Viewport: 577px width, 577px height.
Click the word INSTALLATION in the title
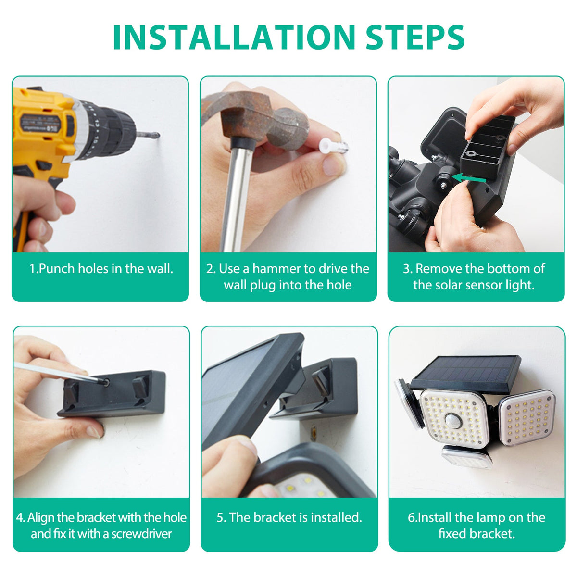tap(234, 37)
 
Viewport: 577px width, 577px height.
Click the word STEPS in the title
tap(414, 37)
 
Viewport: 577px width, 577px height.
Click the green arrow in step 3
tap(469, 178)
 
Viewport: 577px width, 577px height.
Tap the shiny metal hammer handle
tap(237, 198)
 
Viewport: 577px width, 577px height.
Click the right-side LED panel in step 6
tap(527, 418)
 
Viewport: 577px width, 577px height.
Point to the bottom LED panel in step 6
tap(467, 458)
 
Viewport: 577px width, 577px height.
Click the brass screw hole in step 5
tap(314, 434)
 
